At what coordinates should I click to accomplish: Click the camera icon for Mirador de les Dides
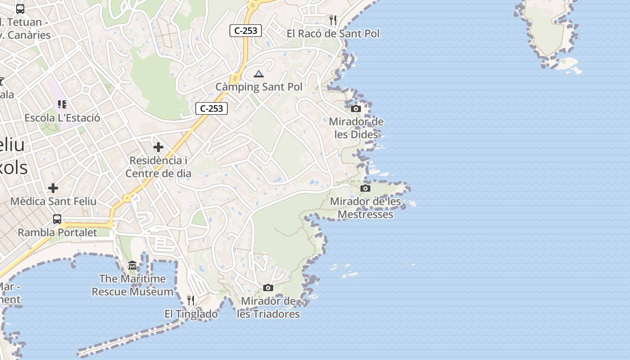point(356,108)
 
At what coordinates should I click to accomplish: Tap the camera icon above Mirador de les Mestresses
point(365,188)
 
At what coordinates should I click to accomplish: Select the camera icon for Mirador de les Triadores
point(268,288)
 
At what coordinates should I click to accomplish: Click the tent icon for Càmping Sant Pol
point(258,74)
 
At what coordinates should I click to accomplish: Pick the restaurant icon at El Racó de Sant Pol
point(333,20)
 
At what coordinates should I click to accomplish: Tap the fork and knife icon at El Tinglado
point(191,300)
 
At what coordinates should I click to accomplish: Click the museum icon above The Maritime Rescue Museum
point(132,265)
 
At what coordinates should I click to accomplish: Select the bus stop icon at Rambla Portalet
point(57,219)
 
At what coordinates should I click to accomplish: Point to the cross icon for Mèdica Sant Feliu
point(53,188)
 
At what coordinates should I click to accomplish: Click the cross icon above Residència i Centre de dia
point(158,147)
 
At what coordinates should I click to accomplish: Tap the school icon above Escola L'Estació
point(62,104)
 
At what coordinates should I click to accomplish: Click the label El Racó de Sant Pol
point(333,34)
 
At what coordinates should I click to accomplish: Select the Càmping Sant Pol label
point(259,87)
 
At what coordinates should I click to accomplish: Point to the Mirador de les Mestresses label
point(365,207)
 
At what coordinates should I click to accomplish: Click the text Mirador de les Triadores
point(268,307)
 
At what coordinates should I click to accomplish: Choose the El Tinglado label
point(191,314)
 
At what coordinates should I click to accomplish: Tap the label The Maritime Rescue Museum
point(132,285)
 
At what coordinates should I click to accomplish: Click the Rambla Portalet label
point(57,233)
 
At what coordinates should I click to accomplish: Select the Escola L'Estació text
point(62,118)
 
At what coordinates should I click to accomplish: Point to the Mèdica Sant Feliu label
point(53,201)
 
